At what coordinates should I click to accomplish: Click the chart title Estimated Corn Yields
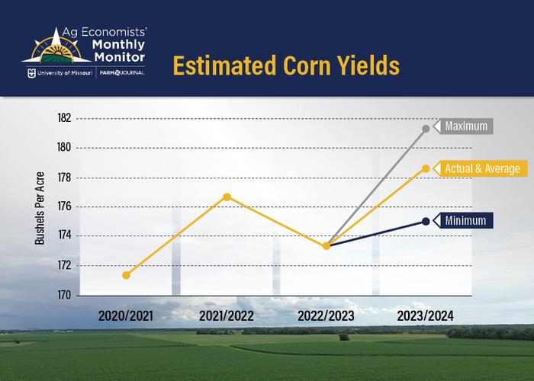click(x=285, y=65)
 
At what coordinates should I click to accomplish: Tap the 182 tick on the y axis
click(x=63, y=118)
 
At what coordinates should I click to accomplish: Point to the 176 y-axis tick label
click(x=63, y=207)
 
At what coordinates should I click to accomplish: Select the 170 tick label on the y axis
click(x=63, y=295)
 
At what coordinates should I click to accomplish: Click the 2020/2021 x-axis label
click(x=126, y=315)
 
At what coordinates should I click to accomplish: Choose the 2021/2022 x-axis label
click(x=227, y=315)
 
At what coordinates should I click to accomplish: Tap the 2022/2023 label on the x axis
click(x=327, y=315)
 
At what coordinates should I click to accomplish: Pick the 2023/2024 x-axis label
click(x=426, y=315)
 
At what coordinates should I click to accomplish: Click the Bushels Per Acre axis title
click(x=40, y=207)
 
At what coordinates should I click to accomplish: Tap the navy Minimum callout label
click(x=466, y=221)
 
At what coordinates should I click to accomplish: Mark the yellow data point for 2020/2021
click(x=126, y=275)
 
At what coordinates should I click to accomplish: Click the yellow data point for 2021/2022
click(x=227, y=197)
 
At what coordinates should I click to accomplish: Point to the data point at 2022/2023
click(x=327, y=245)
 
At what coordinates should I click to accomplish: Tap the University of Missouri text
click(x=63, y=75)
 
